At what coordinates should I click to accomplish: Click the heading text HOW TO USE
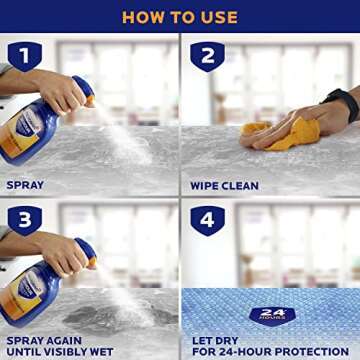click(180, 17)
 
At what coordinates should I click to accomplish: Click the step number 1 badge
click(24, 56)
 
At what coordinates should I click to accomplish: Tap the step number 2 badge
click(207, 56)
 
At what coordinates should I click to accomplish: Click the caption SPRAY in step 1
click(25, 185)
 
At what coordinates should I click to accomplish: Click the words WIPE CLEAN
click(225, 185)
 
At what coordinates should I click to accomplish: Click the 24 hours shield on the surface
click(270, 315)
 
